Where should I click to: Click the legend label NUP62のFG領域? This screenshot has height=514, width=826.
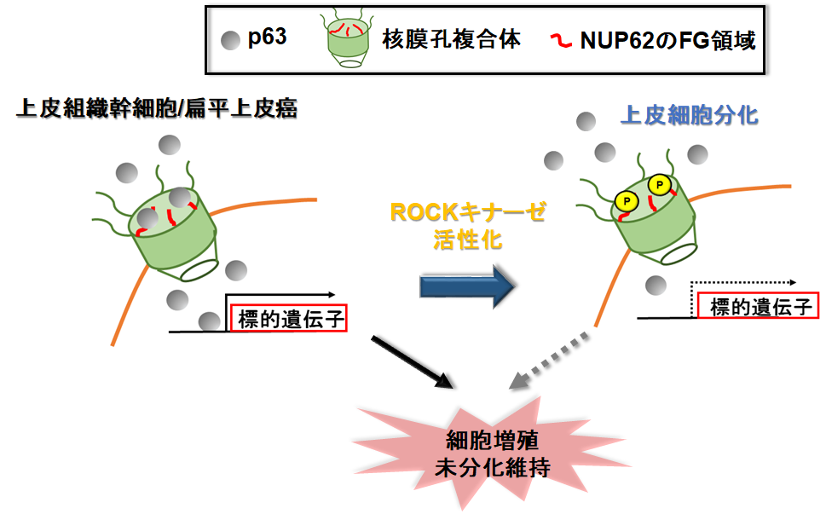point(666,40)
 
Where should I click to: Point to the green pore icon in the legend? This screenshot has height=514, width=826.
point(349,39)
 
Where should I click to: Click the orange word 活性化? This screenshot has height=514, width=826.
point(468,240)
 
